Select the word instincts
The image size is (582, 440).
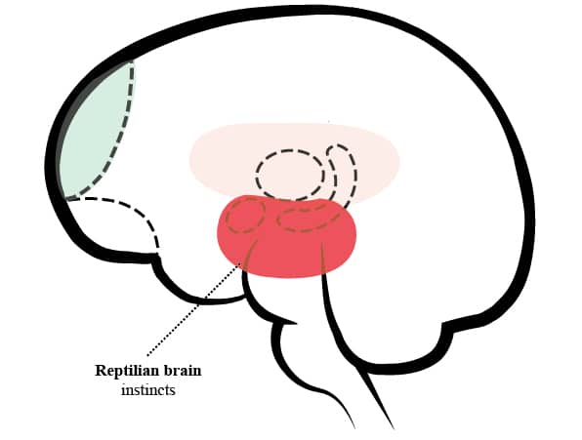coord(148,390)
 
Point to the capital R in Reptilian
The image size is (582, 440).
coord(101,371)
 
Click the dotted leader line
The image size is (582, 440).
coord(193,309)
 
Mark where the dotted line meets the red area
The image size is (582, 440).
coord(241,262)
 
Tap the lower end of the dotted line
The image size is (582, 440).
coord(147,355)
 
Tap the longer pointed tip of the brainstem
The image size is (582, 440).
coord(393,428)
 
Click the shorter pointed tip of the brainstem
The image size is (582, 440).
coord(353,427)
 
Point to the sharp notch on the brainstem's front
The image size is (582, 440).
coord(296,323)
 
